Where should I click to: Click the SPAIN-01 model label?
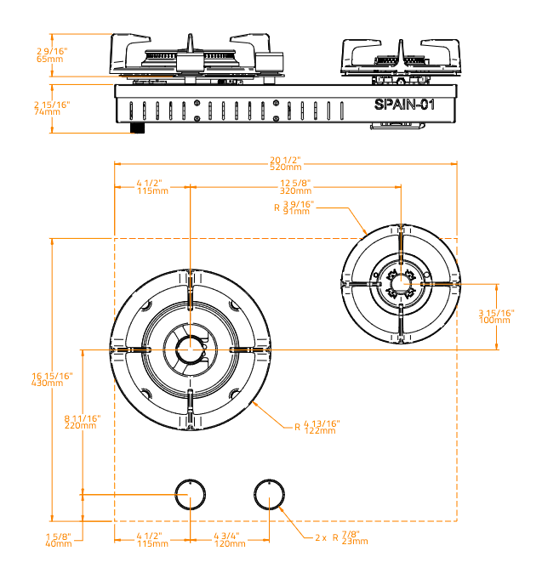(x=404, y=105)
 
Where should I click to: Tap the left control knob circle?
(x=190, y=493)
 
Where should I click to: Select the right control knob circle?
(x=270, y=493)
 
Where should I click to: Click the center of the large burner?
(x=190, y=348)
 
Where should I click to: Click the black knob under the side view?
(x=137, y=128)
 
